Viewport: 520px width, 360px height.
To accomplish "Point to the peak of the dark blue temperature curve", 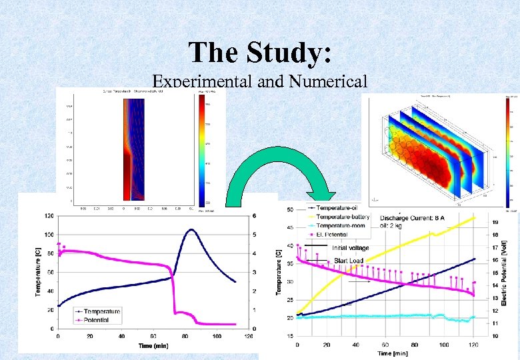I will tap(191, 230).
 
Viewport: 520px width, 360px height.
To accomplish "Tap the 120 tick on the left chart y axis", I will tap(49, 216).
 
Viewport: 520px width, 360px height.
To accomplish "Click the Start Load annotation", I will tap(349, 260).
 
